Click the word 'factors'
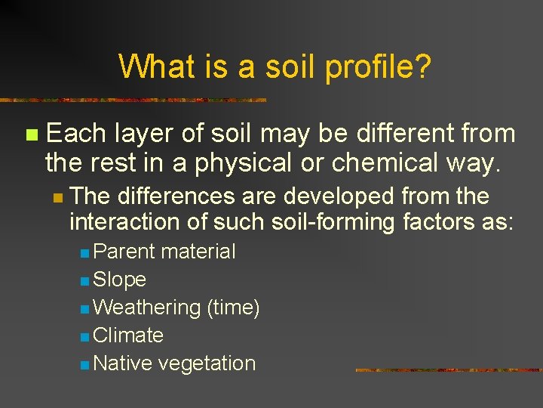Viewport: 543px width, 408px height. pos(445,223)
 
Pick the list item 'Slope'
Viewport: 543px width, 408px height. pos(119,280)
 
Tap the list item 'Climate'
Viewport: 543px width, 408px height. pos(128,335)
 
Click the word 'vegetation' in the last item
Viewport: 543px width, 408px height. pos(207,363)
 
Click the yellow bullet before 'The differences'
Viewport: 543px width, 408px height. pos(57,197)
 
